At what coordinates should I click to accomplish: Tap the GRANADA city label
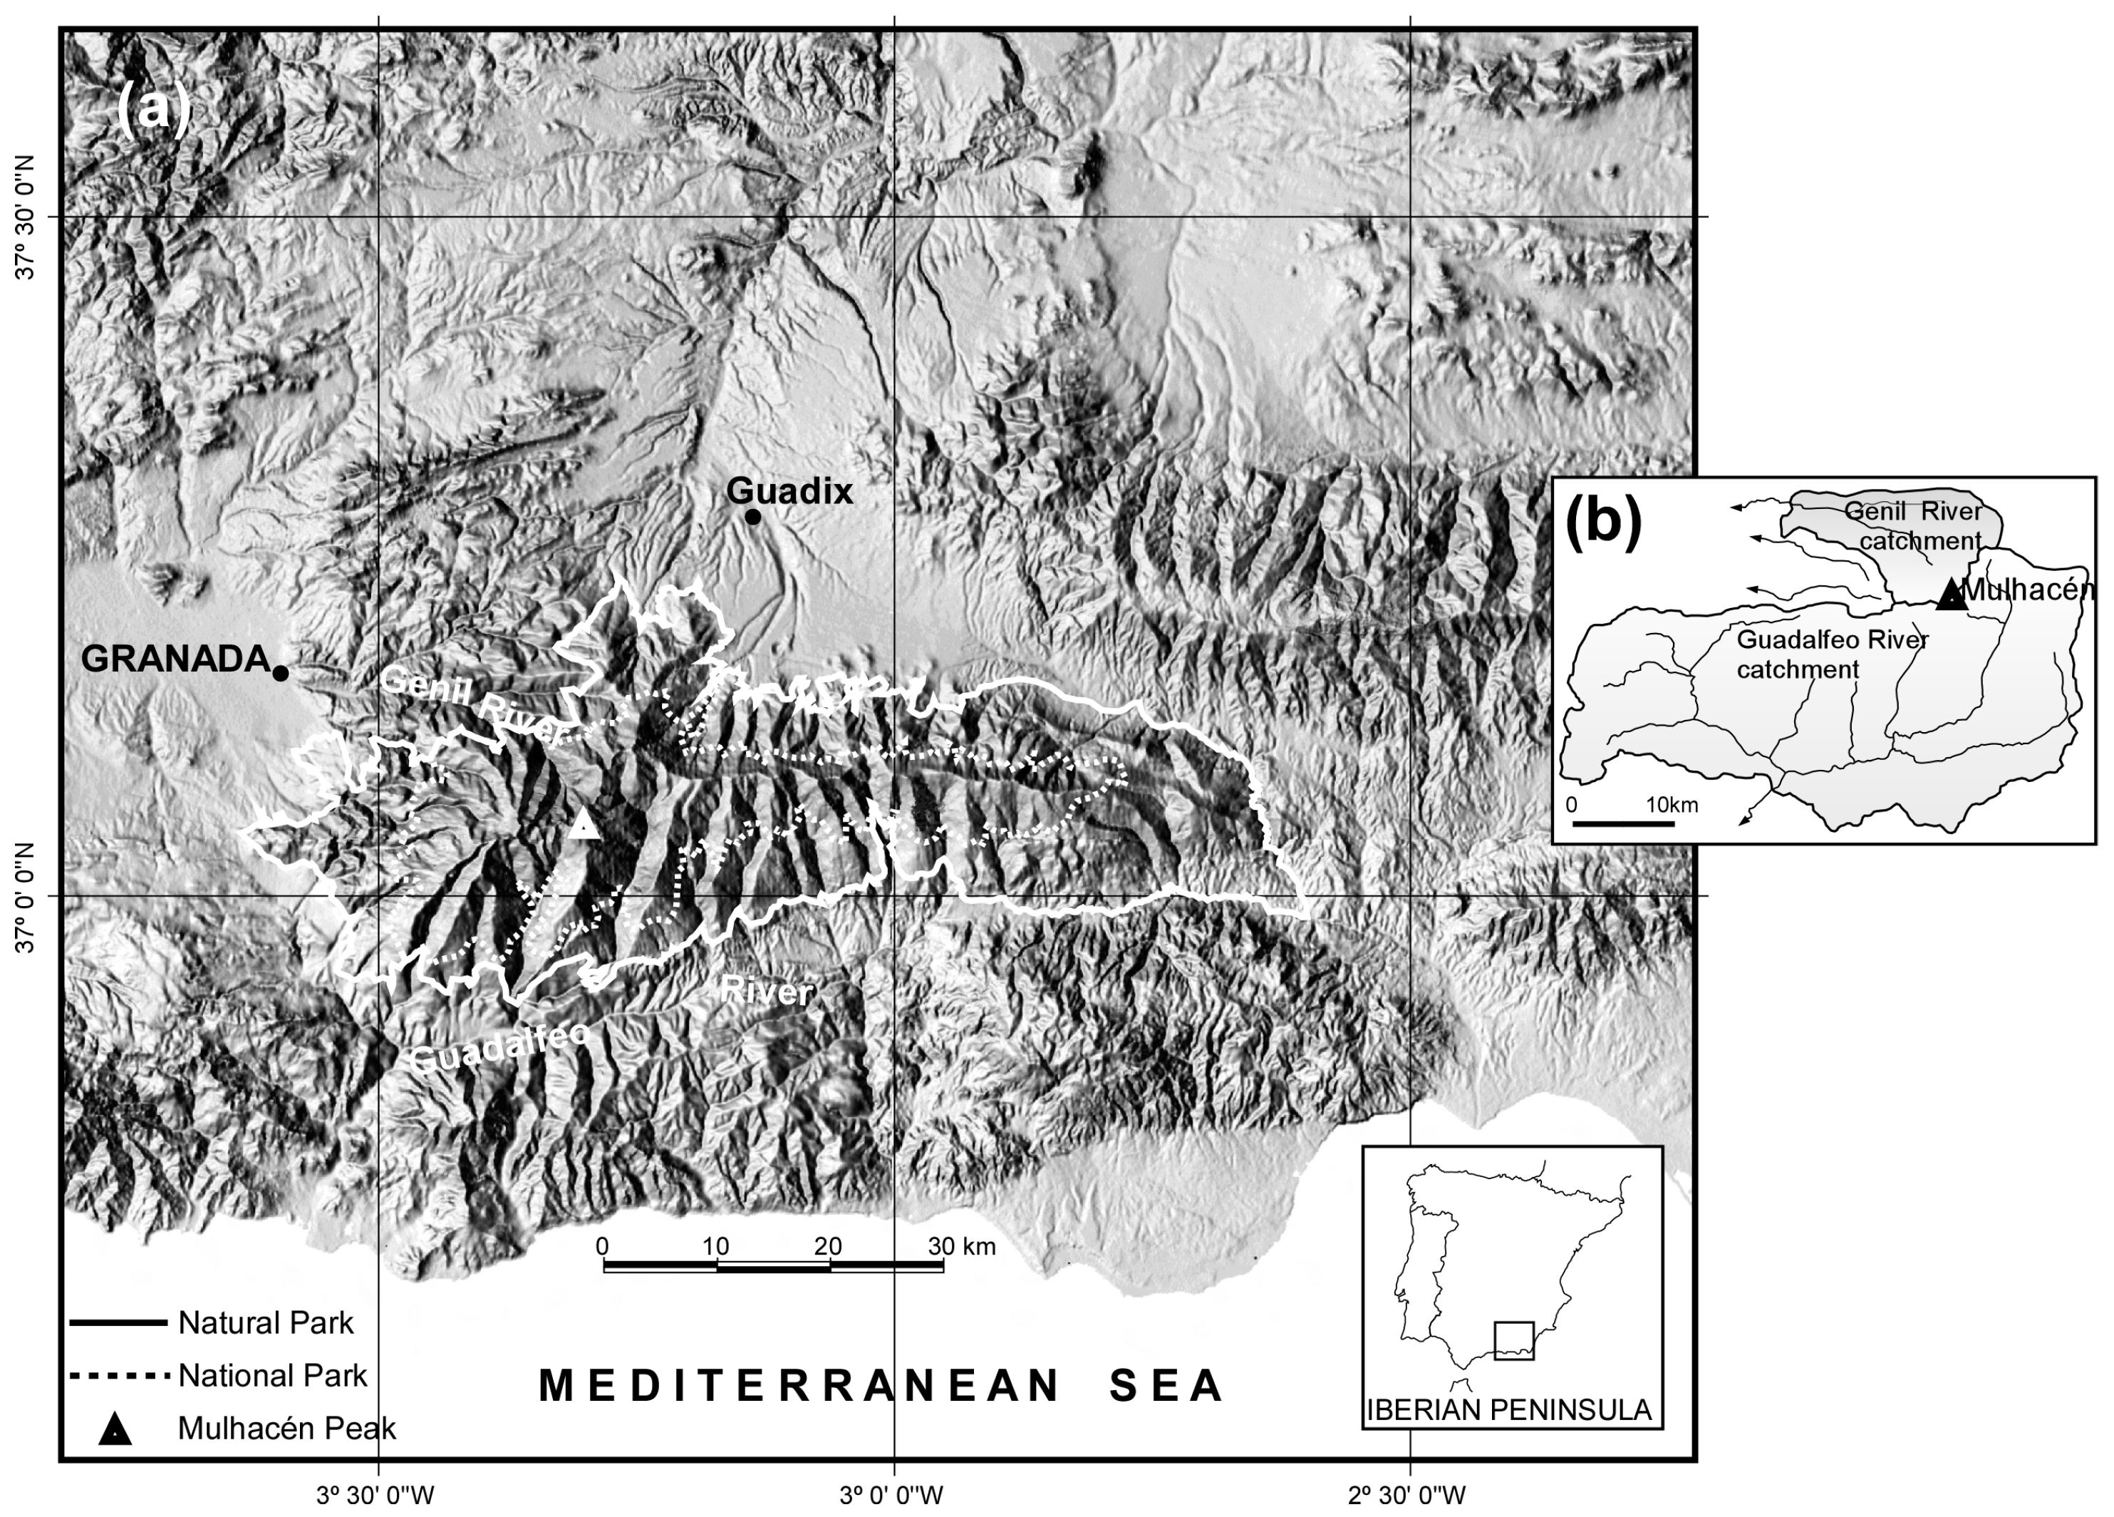(175, 659)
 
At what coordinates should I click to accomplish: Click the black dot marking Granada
(281, 673)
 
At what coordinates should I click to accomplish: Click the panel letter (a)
(153, 110)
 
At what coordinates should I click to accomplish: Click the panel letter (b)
(1603, 520)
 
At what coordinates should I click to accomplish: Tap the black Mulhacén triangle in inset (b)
(1951, 595)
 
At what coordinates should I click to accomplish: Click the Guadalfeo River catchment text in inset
(1830, 654)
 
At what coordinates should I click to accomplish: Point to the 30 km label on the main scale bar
(961, 1247)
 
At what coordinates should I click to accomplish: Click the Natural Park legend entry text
(266, 1323)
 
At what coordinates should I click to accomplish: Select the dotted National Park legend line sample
(119, 1375)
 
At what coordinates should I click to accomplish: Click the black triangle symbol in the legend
(115, 1429)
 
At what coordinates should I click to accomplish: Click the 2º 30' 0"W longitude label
(1406, 1496)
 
